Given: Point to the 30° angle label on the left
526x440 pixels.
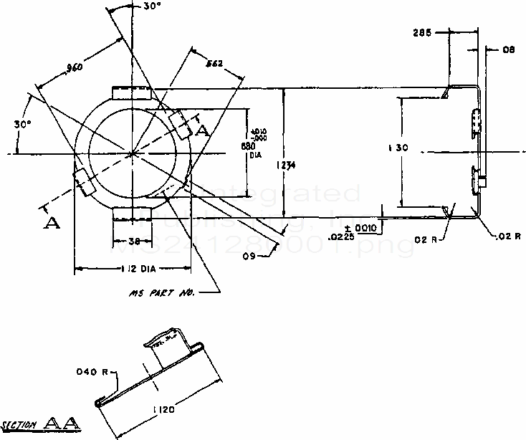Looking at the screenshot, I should click(x=22, y=124).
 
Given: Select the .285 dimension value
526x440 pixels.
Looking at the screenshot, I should click(x=423, y=33).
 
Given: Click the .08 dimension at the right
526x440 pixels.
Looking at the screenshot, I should click(x=509, y=50).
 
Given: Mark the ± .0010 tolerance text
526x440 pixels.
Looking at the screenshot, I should click(x=366, y=228).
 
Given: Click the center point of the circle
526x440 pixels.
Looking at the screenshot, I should click(x=133, y=153).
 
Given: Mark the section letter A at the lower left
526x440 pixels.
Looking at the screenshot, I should click(x=50, y=224).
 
